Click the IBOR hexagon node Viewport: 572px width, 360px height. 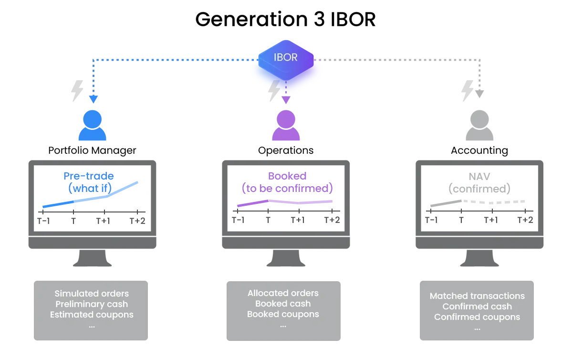pos(286,60)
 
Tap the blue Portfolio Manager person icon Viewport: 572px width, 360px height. pos(92,125)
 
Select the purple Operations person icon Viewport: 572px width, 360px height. pos(286,125)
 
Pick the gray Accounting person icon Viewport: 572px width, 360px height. pos(479,125)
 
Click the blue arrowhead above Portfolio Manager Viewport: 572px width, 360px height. pos(94,99)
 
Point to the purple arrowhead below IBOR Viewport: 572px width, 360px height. pos(286,100)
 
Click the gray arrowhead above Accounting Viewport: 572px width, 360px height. pos(480,94)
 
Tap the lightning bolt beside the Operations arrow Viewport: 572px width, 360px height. pos(274,90)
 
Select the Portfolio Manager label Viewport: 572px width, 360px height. pos(92,150)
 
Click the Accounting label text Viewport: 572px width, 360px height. pos(479,150)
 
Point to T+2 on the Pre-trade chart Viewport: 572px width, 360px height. pos(137,221)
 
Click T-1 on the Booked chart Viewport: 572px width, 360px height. pos(238,220)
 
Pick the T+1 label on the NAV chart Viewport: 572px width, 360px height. pos(491,220)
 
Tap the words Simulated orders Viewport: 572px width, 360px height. pos(92,294)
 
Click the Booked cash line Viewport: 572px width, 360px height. pos(283,304)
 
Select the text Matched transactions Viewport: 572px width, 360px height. pos(477,296)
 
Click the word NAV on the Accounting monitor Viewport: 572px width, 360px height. pos(479,177)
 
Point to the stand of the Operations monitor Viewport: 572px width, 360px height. pos(286,258)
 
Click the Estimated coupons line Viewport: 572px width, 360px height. pos(92,315)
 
